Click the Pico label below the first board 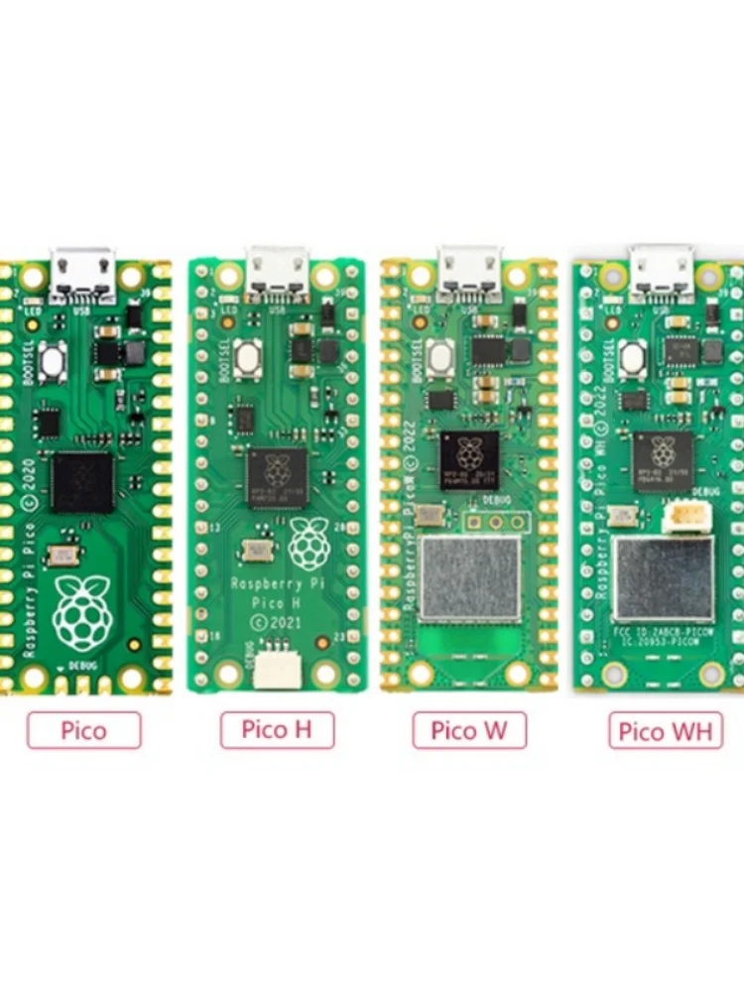(x=84, y=731)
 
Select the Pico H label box (x=277, y=731)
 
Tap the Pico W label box (x=469, y=731)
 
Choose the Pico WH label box (x=666, y=732)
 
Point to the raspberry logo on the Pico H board (x=310, y=543)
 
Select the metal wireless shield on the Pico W (x=470, y=580)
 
